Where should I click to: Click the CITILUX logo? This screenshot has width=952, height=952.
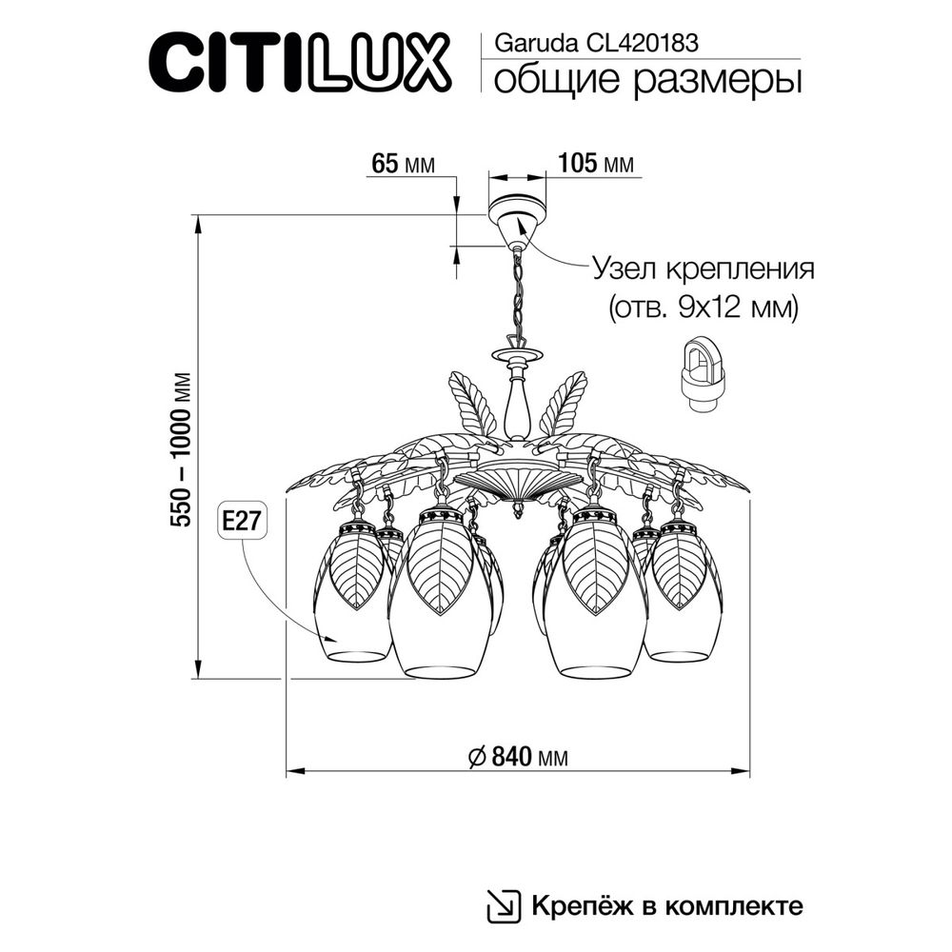[x=297, y=63]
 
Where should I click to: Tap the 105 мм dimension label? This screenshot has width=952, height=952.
[x=595, y=164]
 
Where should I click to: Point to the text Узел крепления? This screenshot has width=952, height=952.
[x=704, y=268]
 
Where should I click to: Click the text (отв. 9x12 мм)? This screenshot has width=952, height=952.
[x=703, y=307]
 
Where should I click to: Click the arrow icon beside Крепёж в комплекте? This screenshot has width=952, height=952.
[x=504, y=903]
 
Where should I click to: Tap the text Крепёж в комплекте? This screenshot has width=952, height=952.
[x=666, y=904]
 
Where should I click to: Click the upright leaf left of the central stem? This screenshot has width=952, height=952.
[x=473, y=405]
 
